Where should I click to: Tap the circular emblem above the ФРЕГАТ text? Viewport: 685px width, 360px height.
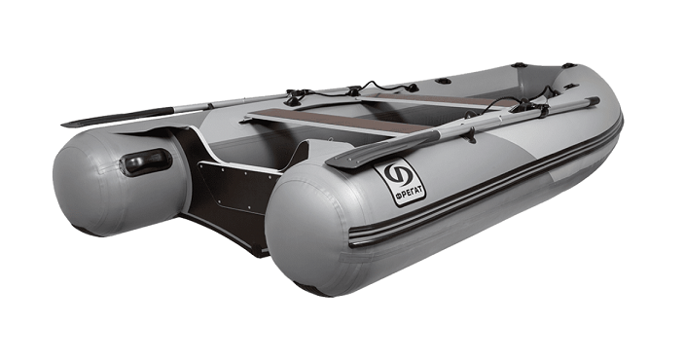[x=399, y=175]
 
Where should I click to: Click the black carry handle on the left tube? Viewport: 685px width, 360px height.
[x=146, y=162]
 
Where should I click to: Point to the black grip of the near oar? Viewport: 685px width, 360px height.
[x=593, y=101]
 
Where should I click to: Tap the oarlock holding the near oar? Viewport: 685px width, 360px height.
[x=529, y=107]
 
